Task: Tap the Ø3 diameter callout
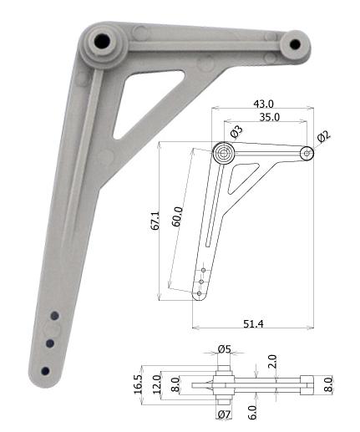pyautogui.click(x=236, y=132)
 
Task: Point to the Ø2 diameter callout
pyautogui.click(x=324, y=137)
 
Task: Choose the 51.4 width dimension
pyautogui.click(x=254, y=323)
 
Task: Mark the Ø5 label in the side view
pyautogui.click(x=224, y=348)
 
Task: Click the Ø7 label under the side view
pyautogui.click(x=223, y=414)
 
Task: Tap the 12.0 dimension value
pyautogui.click(x=156, y=384)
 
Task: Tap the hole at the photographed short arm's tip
pyautogui.click(x=294, y=43)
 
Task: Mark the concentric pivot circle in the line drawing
pyautogui.click(x=223, y=153)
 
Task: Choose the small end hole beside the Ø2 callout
pyautogui.click(x=307, y=153)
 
